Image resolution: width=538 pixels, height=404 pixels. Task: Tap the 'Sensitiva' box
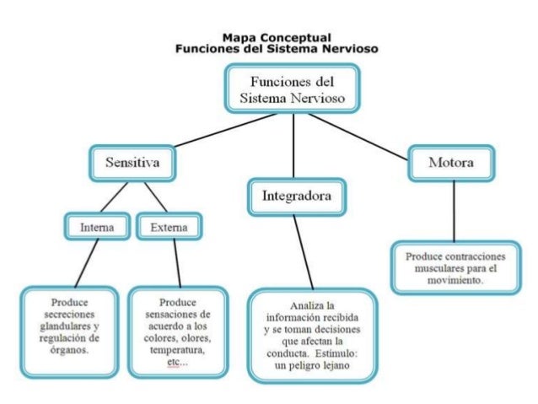pyautogui.click(x=133, y=161)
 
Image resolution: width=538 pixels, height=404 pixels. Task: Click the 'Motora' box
pyautogui.click(x=450, y=162)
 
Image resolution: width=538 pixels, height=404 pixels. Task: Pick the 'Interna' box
pyautogui.click(x=97, y=227)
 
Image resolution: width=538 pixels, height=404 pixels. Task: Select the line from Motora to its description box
pyautogui.click(x=454, y=211)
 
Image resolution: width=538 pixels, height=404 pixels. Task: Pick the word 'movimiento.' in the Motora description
pyautogui.click(x=455, y=280)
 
